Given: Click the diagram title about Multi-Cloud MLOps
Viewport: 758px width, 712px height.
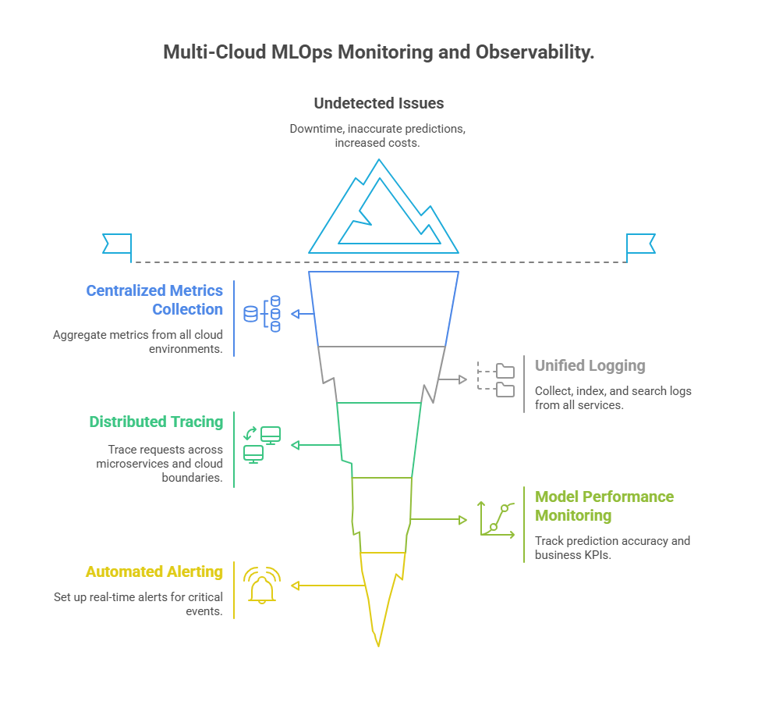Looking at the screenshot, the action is pyautogui.click(x=378, y=52).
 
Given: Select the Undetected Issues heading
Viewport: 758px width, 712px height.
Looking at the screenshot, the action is pyautogui.click(x=378, y=103).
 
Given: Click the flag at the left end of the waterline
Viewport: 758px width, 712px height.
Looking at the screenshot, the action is pyautogui.click(x=117, y=244).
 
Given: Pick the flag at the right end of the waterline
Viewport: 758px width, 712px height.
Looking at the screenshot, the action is pyautogui.click(x=640, y=244).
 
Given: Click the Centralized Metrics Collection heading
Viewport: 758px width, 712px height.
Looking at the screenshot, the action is pyautogui.click(x=154, y=300).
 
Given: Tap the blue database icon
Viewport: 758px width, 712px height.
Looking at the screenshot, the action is pyautogui.click(x=262, y=314).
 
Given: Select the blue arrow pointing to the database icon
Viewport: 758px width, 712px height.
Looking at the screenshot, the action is pyautogui.click(x=303, y=314).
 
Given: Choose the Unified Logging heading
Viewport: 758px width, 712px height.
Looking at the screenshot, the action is pyautogui.click(x=590, y=365).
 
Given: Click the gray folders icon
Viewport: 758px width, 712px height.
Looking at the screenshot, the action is pyautogui.click(x=495, y=379).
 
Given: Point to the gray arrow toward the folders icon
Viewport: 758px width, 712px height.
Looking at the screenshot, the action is pyautogui.click(x=452, y=379).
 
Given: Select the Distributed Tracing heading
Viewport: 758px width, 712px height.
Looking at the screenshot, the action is pyautogui.click(x=156, y=422).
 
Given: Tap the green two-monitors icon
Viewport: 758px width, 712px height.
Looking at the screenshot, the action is pyautogui.click(x=262, y=445).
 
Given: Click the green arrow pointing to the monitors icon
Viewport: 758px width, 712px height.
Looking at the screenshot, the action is pyautogui.click(x=316, y=445).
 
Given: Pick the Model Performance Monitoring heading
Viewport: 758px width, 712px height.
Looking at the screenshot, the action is pyautogui.click(x=604, y=506).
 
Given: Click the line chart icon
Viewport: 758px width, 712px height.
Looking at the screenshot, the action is pyautogui.click(x=497, y=519).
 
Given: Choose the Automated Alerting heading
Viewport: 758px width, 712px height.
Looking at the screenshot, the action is pyautogui.click(x=154, y=571).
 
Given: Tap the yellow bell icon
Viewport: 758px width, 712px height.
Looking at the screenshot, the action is pyautogui.click(x=262, y=586).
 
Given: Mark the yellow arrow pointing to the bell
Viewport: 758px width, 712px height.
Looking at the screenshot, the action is pyautogui.click(x=328, y=586).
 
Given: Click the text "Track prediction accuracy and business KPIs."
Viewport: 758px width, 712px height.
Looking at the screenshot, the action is pyautogui.click(x=612, y=547).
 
